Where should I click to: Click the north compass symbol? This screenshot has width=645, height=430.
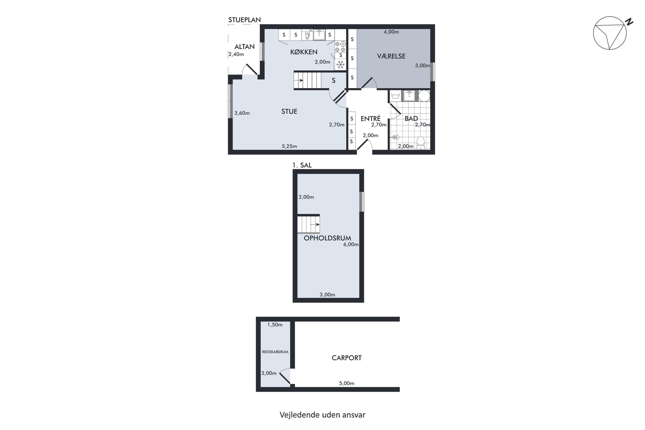coord(612,33)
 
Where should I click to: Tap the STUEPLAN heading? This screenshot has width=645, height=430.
coord(244,20)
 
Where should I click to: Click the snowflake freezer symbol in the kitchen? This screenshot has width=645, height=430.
coord(340,65)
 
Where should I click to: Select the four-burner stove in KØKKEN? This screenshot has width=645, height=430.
coord(340,47)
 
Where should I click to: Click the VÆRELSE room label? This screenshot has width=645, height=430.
coord(391,56)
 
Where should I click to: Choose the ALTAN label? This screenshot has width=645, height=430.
coord(244,47)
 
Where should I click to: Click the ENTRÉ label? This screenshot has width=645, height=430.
coord(370,118)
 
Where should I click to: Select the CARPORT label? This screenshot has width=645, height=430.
coord(347,358)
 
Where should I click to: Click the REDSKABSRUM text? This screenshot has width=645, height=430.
coord(275,352)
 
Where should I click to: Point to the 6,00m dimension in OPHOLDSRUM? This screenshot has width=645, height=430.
coord(351,244)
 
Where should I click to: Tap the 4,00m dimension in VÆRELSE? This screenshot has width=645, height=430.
coord(391,32)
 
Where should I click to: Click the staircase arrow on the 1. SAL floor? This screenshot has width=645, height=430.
coord(315,224)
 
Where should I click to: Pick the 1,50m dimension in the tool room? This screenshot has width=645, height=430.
coord(275,325)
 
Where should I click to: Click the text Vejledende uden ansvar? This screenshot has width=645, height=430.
coord(322,415)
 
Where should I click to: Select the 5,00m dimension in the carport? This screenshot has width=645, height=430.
coord(347,383)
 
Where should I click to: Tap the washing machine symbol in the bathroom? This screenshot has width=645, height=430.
coord(395,96)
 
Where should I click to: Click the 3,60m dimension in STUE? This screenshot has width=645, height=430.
coord(242,113)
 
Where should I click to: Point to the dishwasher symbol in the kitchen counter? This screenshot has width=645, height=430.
coord(307,35)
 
